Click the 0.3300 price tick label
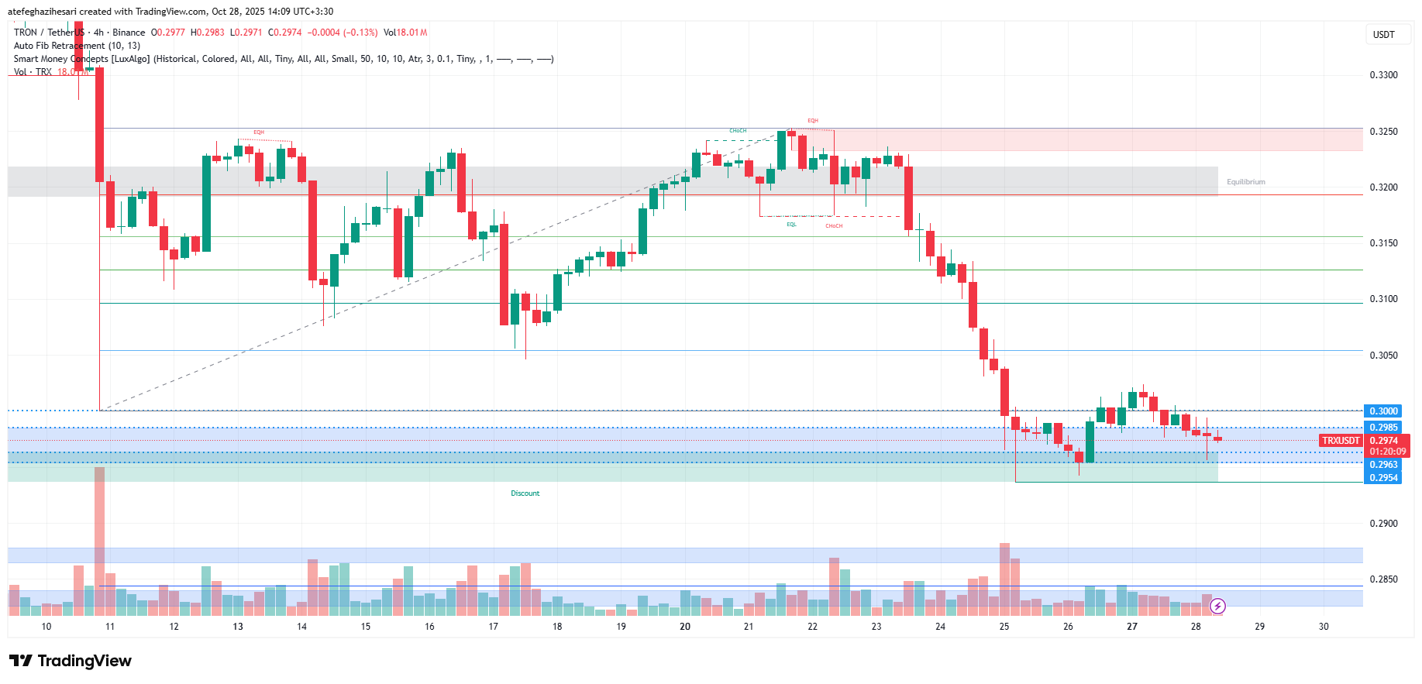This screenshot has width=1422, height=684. [1383, 75]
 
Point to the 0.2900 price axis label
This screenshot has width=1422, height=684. [1383, 524]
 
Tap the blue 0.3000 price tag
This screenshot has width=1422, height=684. [1383, 411]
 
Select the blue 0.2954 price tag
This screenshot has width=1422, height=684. [1383, 478]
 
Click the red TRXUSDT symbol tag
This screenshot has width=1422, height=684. [1341, 441]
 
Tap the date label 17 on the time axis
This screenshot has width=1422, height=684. [493, 627]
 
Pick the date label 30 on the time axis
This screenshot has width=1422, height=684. [1324, 627]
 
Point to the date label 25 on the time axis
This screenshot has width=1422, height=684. [1004, 627]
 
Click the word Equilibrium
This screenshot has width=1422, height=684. [1245, 182]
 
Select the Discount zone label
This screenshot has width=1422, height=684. [525, 493]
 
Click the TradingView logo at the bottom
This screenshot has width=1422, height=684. [71, 661]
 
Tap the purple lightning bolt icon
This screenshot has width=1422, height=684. [1217, 606]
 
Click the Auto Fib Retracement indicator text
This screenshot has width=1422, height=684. [77, 46]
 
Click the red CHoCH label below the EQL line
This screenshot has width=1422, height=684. [834, 226]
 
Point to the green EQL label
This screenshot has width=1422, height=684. [791, 225]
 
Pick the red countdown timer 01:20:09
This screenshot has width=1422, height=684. [1387, 452]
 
